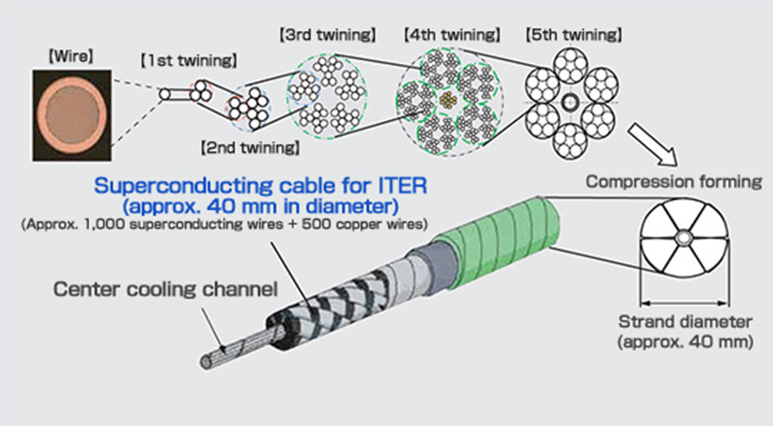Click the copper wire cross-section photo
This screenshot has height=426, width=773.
tap(72, 116)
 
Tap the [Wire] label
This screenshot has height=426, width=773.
tap(71, 56)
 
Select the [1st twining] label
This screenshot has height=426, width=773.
tap(189, 61)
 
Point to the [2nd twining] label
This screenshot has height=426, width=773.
tap(250, 148)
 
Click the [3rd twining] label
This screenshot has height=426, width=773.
tap(328, 35)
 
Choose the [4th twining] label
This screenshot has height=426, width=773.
tap(452, 35)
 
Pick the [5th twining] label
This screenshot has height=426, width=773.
tap(574, 35)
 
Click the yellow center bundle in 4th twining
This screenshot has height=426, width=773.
tap(449, 100)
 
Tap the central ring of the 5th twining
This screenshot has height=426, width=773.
tap(571, 103)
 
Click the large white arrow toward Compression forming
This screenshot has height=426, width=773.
tap(653, 146)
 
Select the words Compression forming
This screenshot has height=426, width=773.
tap(674, 182)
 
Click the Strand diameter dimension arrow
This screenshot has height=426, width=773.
tap(684, 303)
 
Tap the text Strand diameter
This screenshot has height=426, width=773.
tap(686, 322)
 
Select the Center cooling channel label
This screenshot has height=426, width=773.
tap(165, 289)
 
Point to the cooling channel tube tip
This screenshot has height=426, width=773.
tap(206, 362)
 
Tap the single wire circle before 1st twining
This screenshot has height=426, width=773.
tap(165, 94)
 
